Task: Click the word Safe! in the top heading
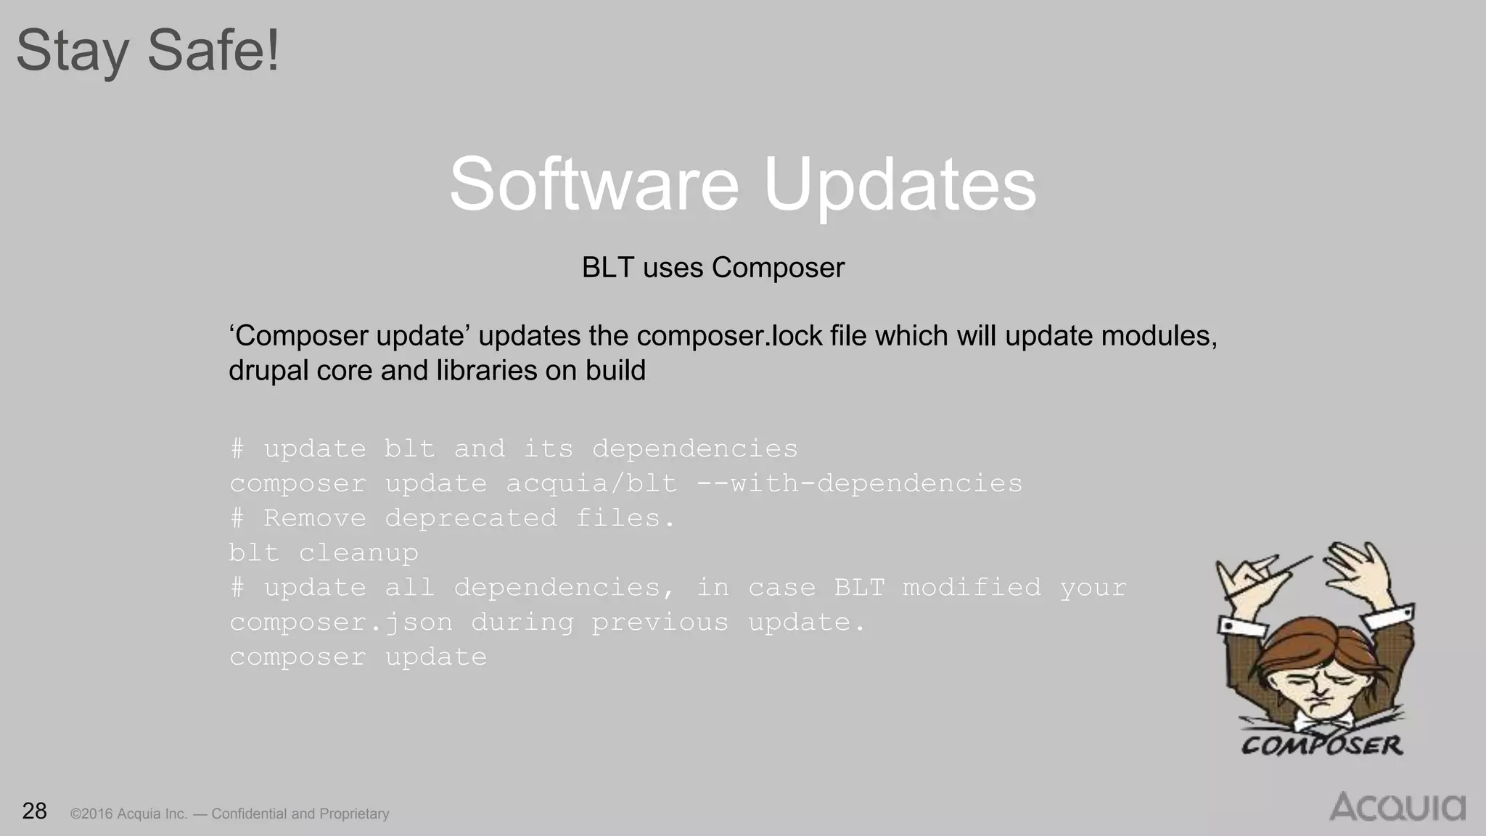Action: click(213, 51)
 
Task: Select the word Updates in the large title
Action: click(900, 186)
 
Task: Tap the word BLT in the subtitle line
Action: click(607, 268)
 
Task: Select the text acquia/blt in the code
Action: click(591, 483)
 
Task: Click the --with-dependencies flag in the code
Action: click(859, 483)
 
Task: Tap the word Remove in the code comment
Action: click(314, 518)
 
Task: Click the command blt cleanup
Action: click(324, 553)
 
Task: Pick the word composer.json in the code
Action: click(341, 623)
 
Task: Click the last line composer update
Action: click(358, 657)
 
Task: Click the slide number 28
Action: click(34, 811)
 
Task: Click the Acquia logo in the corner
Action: click(1397, 807)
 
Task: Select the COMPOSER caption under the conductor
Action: click(1321, 745)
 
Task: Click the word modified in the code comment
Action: click(972, 588)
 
